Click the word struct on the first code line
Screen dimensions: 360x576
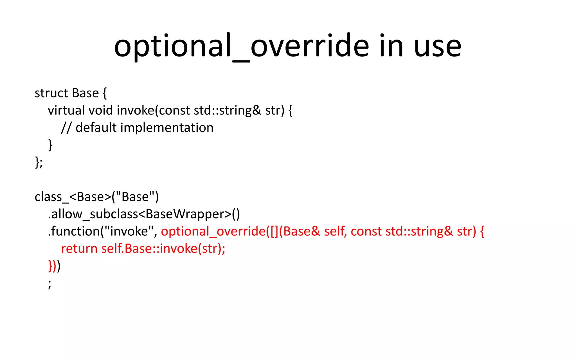(51, 93)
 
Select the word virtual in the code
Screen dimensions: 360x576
(66, 110)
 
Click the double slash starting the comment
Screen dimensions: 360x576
(66, 128)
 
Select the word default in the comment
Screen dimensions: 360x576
(96, 128)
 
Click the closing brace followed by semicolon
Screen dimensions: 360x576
(39, 162)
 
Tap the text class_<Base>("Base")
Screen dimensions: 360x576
(96, 197)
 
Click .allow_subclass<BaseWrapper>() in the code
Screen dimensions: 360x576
(144, 214)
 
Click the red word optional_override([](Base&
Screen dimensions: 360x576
(240, 231)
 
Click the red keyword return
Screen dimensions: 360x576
(79, 249)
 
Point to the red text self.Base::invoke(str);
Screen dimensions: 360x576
(163, 249)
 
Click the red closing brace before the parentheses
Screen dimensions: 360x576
(50, 266)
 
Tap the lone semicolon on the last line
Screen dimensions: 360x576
(50, 283)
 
